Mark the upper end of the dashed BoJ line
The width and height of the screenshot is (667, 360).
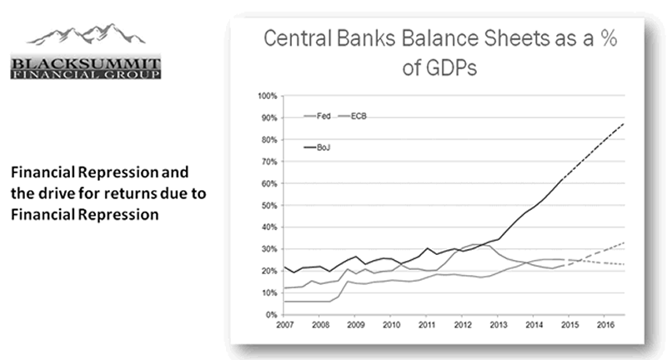624,122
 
